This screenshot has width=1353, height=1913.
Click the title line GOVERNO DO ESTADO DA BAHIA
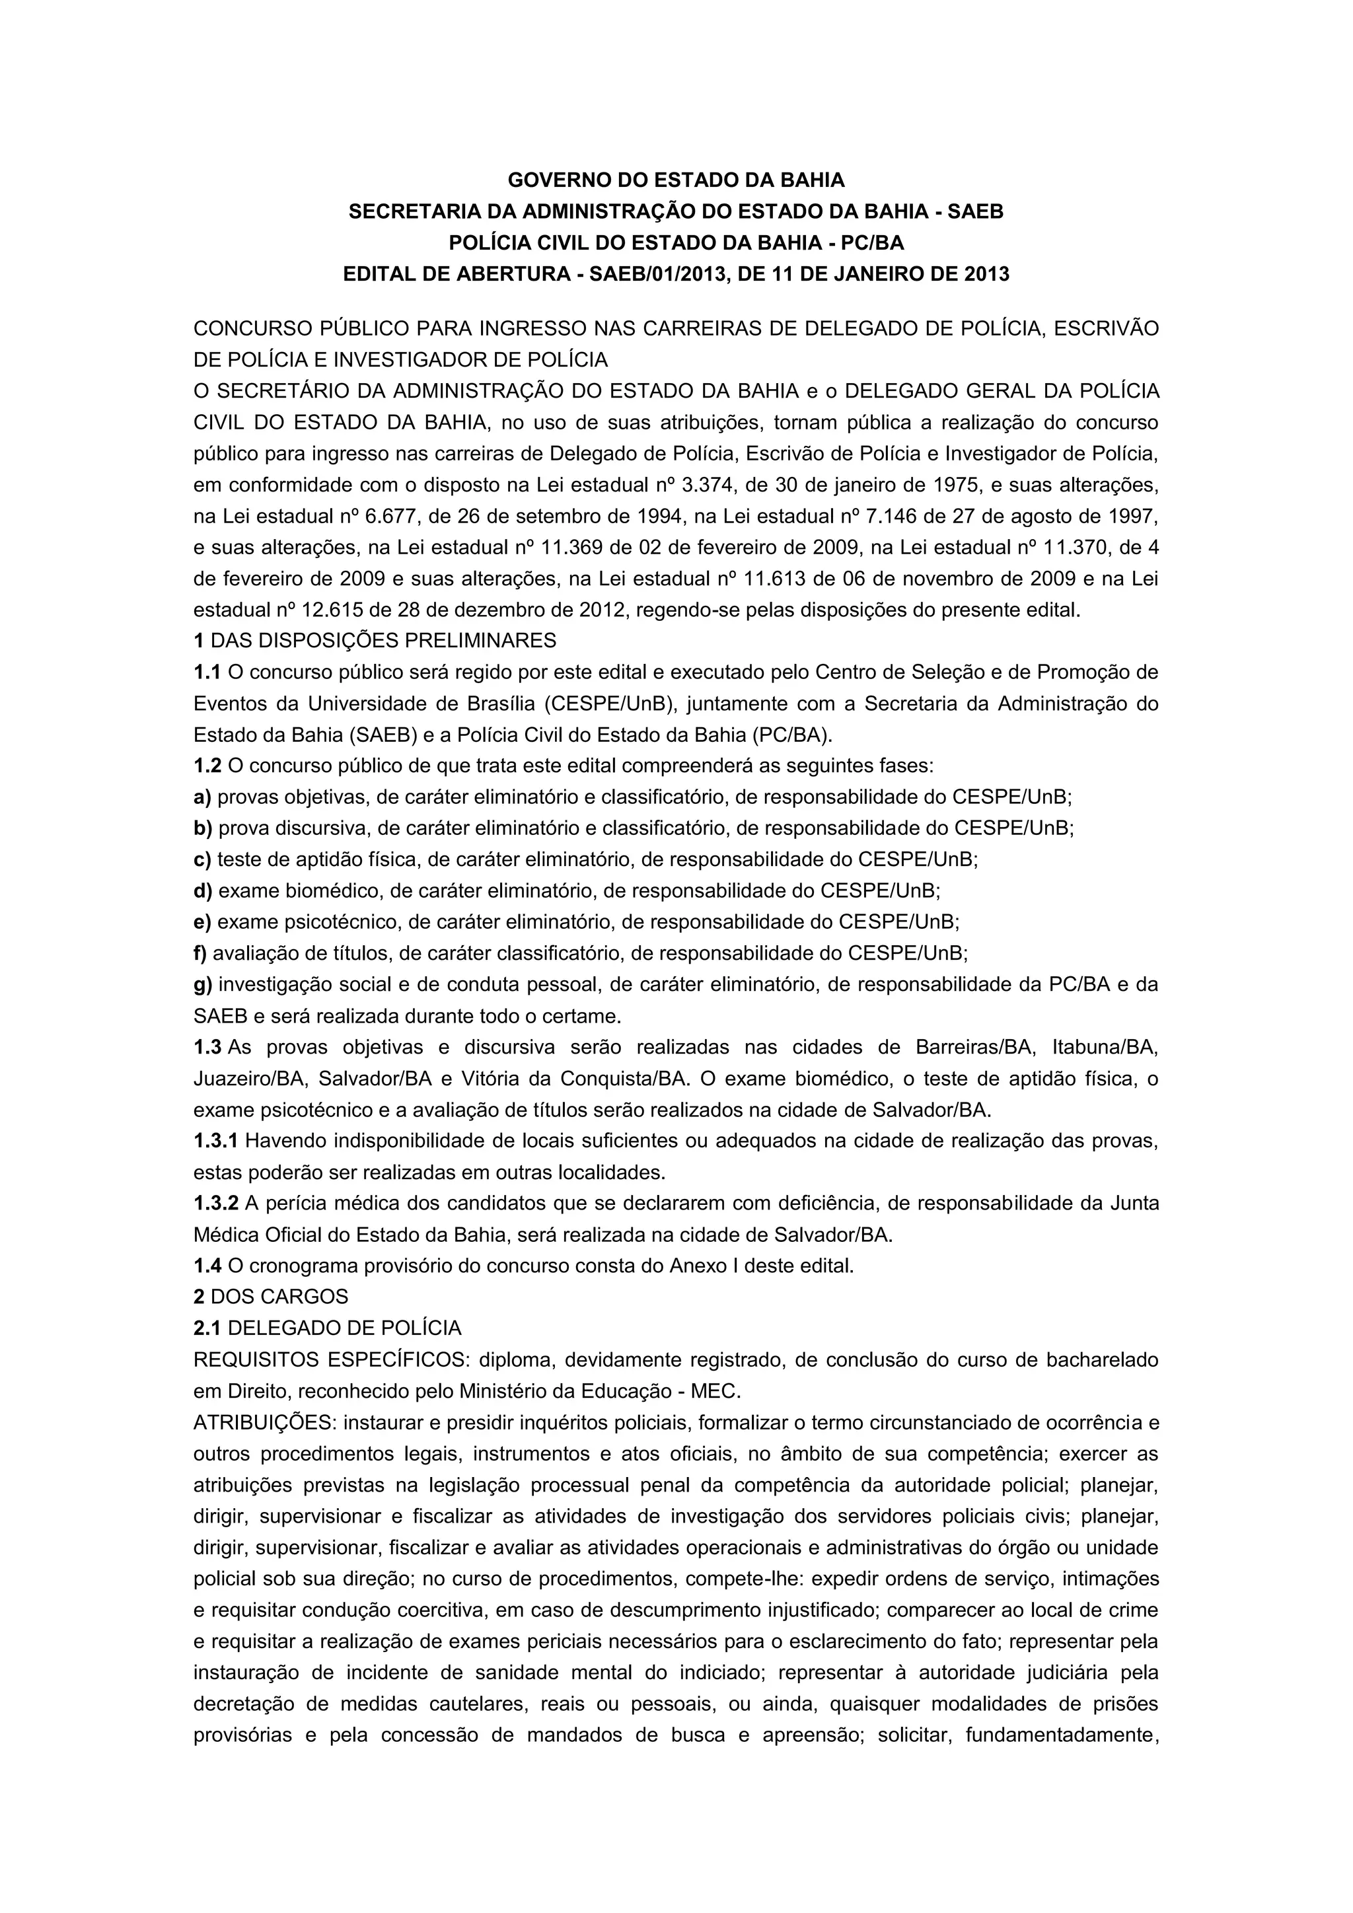click(676, 180)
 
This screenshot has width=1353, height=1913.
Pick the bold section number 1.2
click(207, 766)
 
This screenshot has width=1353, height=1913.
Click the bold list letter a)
click(202, 797)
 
